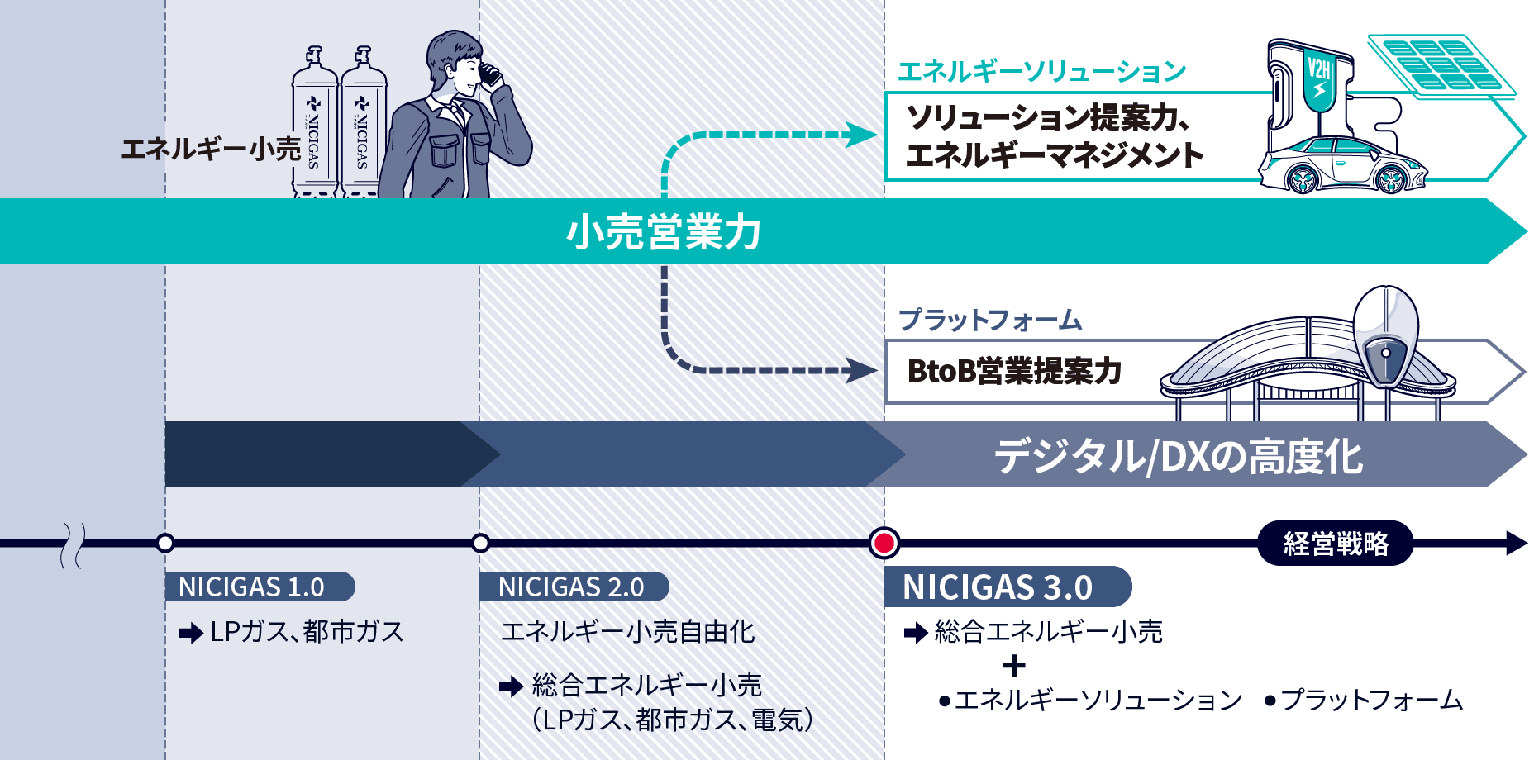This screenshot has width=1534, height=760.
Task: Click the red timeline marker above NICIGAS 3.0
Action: click(x=884, y=543)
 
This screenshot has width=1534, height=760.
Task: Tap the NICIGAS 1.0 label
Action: click(x=251, y=587)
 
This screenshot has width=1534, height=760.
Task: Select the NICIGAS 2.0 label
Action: click(x=571, y=587)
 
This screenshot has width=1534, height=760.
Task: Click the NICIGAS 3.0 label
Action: click(x=998, y=587)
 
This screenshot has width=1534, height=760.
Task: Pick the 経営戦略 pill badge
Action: click(x=1335, y=543)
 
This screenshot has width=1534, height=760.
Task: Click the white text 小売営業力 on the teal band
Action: click(x=664, y=231)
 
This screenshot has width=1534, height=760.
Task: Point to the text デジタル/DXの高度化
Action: click(x=1178, y=456)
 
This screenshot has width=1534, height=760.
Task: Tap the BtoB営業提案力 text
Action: click(x=1014, y=371)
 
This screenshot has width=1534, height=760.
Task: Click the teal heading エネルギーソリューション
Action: click(x=1041, y=72)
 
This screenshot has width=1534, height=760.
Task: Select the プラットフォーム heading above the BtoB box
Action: click(x=990, y=320)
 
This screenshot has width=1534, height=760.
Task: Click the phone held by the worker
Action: click(x=490, y=75)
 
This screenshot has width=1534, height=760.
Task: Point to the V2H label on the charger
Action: click(x=1319, y=67)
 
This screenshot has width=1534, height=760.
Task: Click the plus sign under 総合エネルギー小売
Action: click(x=1013, y=666)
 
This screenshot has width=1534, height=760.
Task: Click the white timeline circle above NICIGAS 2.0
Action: click(x=480, y=543)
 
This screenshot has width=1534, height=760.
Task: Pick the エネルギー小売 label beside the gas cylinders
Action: click(x=211, y=149)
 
